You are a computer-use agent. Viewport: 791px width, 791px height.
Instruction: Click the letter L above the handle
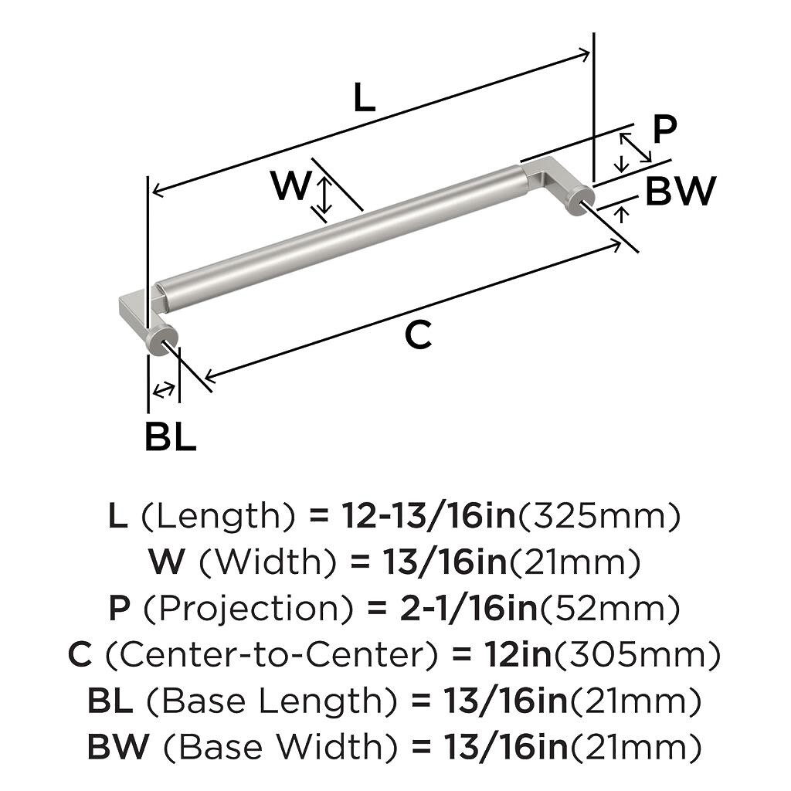pyautogui.click(x=365, y=97)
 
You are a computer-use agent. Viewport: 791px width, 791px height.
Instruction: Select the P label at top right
pyautogui.click(x=664, y=129)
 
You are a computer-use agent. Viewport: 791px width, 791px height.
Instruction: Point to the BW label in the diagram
pyautogui.click(x=681, y=191)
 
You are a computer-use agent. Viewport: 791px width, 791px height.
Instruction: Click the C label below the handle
pyautogui.click(x=419, y=334)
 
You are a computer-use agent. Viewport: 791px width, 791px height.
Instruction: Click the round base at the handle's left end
pyautogui.click(x=162, y=341)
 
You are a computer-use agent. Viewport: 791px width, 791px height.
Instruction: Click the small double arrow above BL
pyautogui.click(x=164, y=389)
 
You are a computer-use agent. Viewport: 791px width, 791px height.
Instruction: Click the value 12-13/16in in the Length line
pyautogui.click(x=429, y=515)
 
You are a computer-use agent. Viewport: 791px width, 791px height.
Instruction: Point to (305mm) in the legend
pyautogui.click(x=637, y=654)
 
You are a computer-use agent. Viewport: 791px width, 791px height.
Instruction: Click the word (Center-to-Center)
pyautogui.click(x=271, y=654)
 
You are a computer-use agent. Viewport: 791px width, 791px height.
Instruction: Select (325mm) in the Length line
pyautogui.click(x=599, y=515)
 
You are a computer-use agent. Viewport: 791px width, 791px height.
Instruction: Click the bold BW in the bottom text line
pyautogui.click(x=118, y=746)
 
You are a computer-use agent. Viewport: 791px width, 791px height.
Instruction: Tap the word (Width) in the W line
pyautogui.click(x=268, y=562)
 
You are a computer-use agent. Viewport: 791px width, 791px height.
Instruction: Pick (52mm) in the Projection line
pyautogui.click(x=609, y=608)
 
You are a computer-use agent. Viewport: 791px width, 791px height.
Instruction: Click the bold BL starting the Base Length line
pyautogui.click(x=110, y=700)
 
